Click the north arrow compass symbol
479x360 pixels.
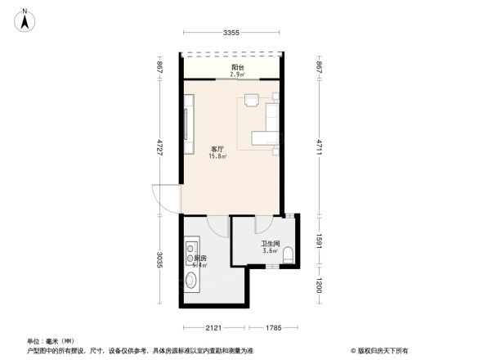click(26, 18)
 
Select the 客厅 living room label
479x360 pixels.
click(217, 149)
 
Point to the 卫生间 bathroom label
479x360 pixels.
click(271, 243)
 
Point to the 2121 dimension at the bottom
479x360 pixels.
click(213, 328)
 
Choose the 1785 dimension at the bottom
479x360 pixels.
click(273, 328)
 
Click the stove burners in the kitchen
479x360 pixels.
click(191, 248)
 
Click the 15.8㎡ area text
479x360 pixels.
click(217, 156)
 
